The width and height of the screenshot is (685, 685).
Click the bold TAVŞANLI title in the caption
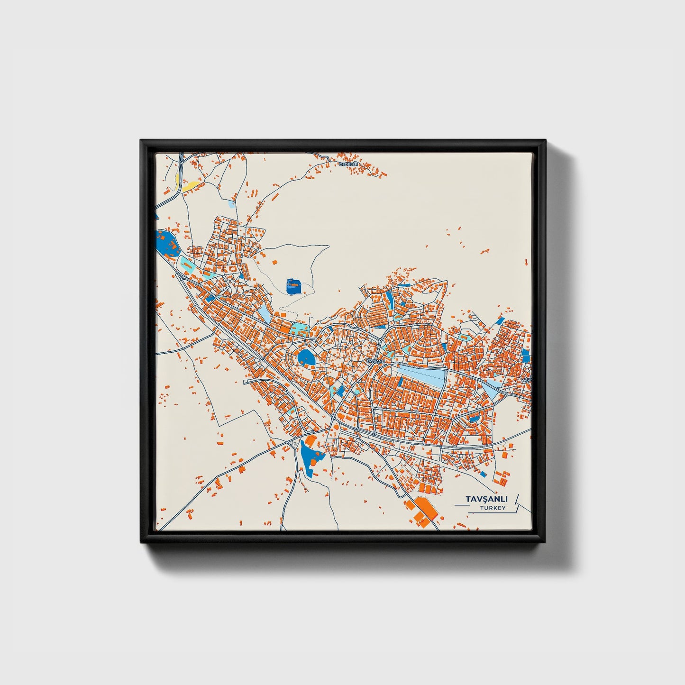486,499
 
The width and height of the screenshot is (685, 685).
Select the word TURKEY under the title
493,508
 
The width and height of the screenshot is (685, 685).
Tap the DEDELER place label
349,164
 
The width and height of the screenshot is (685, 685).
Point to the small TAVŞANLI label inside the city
376,361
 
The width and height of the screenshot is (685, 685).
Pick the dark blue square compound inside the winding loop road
294,286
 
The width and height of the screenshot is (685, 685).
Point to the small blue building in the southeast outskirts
484,474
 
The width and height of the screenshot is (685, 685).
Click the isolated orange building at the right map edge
526,261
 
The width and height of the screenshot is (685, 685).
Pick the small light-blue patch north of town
231,204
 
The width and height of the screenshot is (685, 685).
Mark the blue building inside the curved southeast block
474,419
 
